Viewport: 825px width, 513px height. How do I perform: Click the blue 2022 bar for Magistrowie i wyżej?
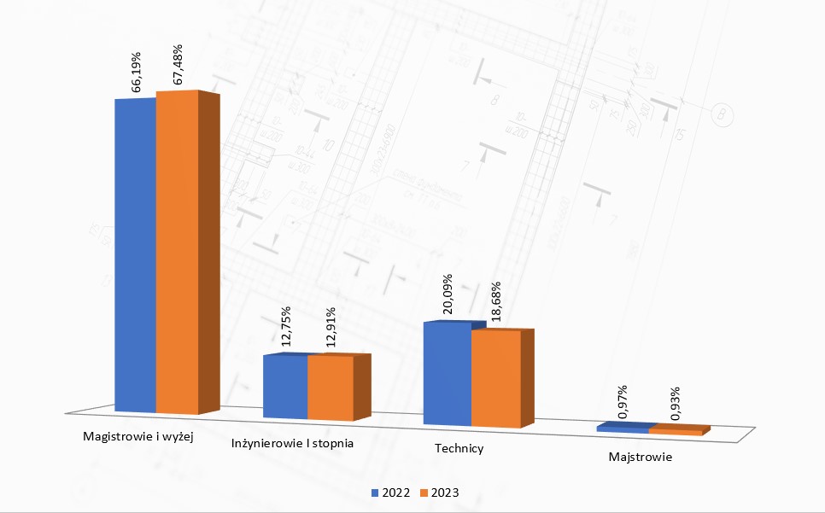[135, 255]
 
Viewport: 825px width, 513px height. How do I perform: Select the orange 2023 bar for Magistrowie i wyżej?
[188, 253]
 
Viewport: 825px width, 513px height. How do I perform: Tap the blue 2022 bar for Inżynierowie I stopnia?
[285, 387]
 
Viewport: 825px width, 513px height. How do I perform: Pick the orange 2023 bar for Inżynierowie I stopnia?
[339, 388]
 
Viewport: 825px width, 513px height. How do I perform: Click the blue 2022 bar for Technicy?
[448, 373]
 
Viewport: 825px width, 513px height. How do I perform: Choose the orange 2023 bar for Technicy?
[502, 378]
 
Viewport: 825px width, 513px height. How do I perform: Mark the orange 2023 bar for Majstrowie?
[680, 429]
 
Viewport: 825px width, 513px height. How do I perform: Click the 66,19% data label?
[136, 72]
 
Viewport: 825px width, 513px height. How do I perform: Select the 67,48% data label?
[178, 64]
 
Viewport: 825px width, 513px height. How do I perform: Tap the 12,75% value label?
[286, 326]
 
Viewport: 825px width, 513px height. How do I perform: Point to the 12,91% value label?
[331, 327]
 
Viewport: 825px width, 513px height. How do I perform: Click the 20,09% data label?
[448, 294]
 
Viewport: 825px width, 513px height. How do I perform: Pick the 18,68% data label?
[494, 301]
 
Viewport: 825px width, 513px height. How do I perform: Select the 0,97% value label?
[623, 402]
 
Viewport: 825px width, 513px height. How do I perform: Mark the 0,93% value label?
[675, 404]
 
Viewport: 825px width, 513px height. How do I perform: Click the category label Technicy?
[459, 448]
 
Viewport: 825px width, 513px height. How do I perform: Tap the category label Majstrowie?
[641, 457]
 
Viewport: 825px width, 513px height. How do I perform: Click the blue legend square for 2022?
[375, 493]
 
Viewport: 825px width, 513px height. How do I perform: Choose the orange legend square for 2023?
[424, 493]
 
